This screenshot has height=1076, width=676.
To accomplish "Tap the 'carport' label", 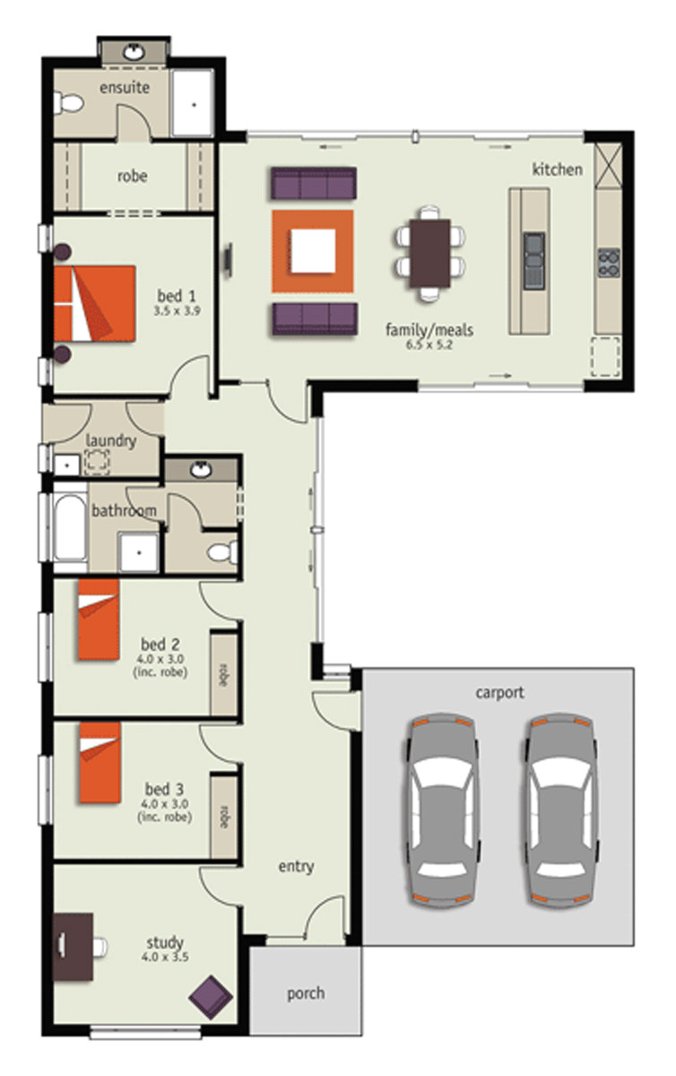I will tap(500, 692).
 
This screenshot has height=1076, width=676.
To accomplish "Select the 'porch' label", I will tap(306, 994).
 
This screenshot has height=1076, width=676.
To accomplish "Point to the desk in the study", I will tap(73, 946).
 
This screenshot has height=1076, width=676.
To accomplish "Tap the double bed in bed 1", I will tap(95, 302).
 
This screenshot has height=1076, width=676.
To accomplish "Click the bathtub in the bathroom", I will tap(70, 527).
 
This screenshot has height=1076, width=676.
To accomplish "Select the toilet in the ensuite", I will tap(67, 106).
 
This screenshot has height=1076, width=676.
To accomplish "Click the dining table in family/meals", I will tap(430, 252).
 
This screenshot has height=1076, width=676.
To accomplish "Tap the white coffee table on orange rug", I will tap(312, 251).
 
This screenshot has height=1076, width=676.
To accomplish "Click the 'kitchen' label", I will tap(558, 169).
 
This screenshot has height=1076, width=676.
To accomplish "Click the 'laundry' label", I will tap(111, 440).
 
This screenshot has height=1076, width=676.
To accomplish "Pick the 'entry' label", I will tap(296, 866).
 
